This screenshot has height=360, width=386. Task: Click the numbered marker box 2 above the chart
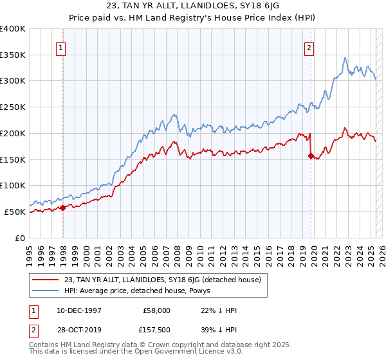309,47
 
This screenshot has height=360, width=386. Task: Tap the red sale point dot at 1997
63,207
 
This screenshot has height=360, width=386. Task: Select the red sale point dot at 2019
311,155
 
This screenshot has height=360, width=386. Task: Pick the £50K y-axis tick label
15,212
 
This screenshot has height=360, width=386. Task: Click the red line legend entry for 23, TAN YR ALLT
161,280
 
